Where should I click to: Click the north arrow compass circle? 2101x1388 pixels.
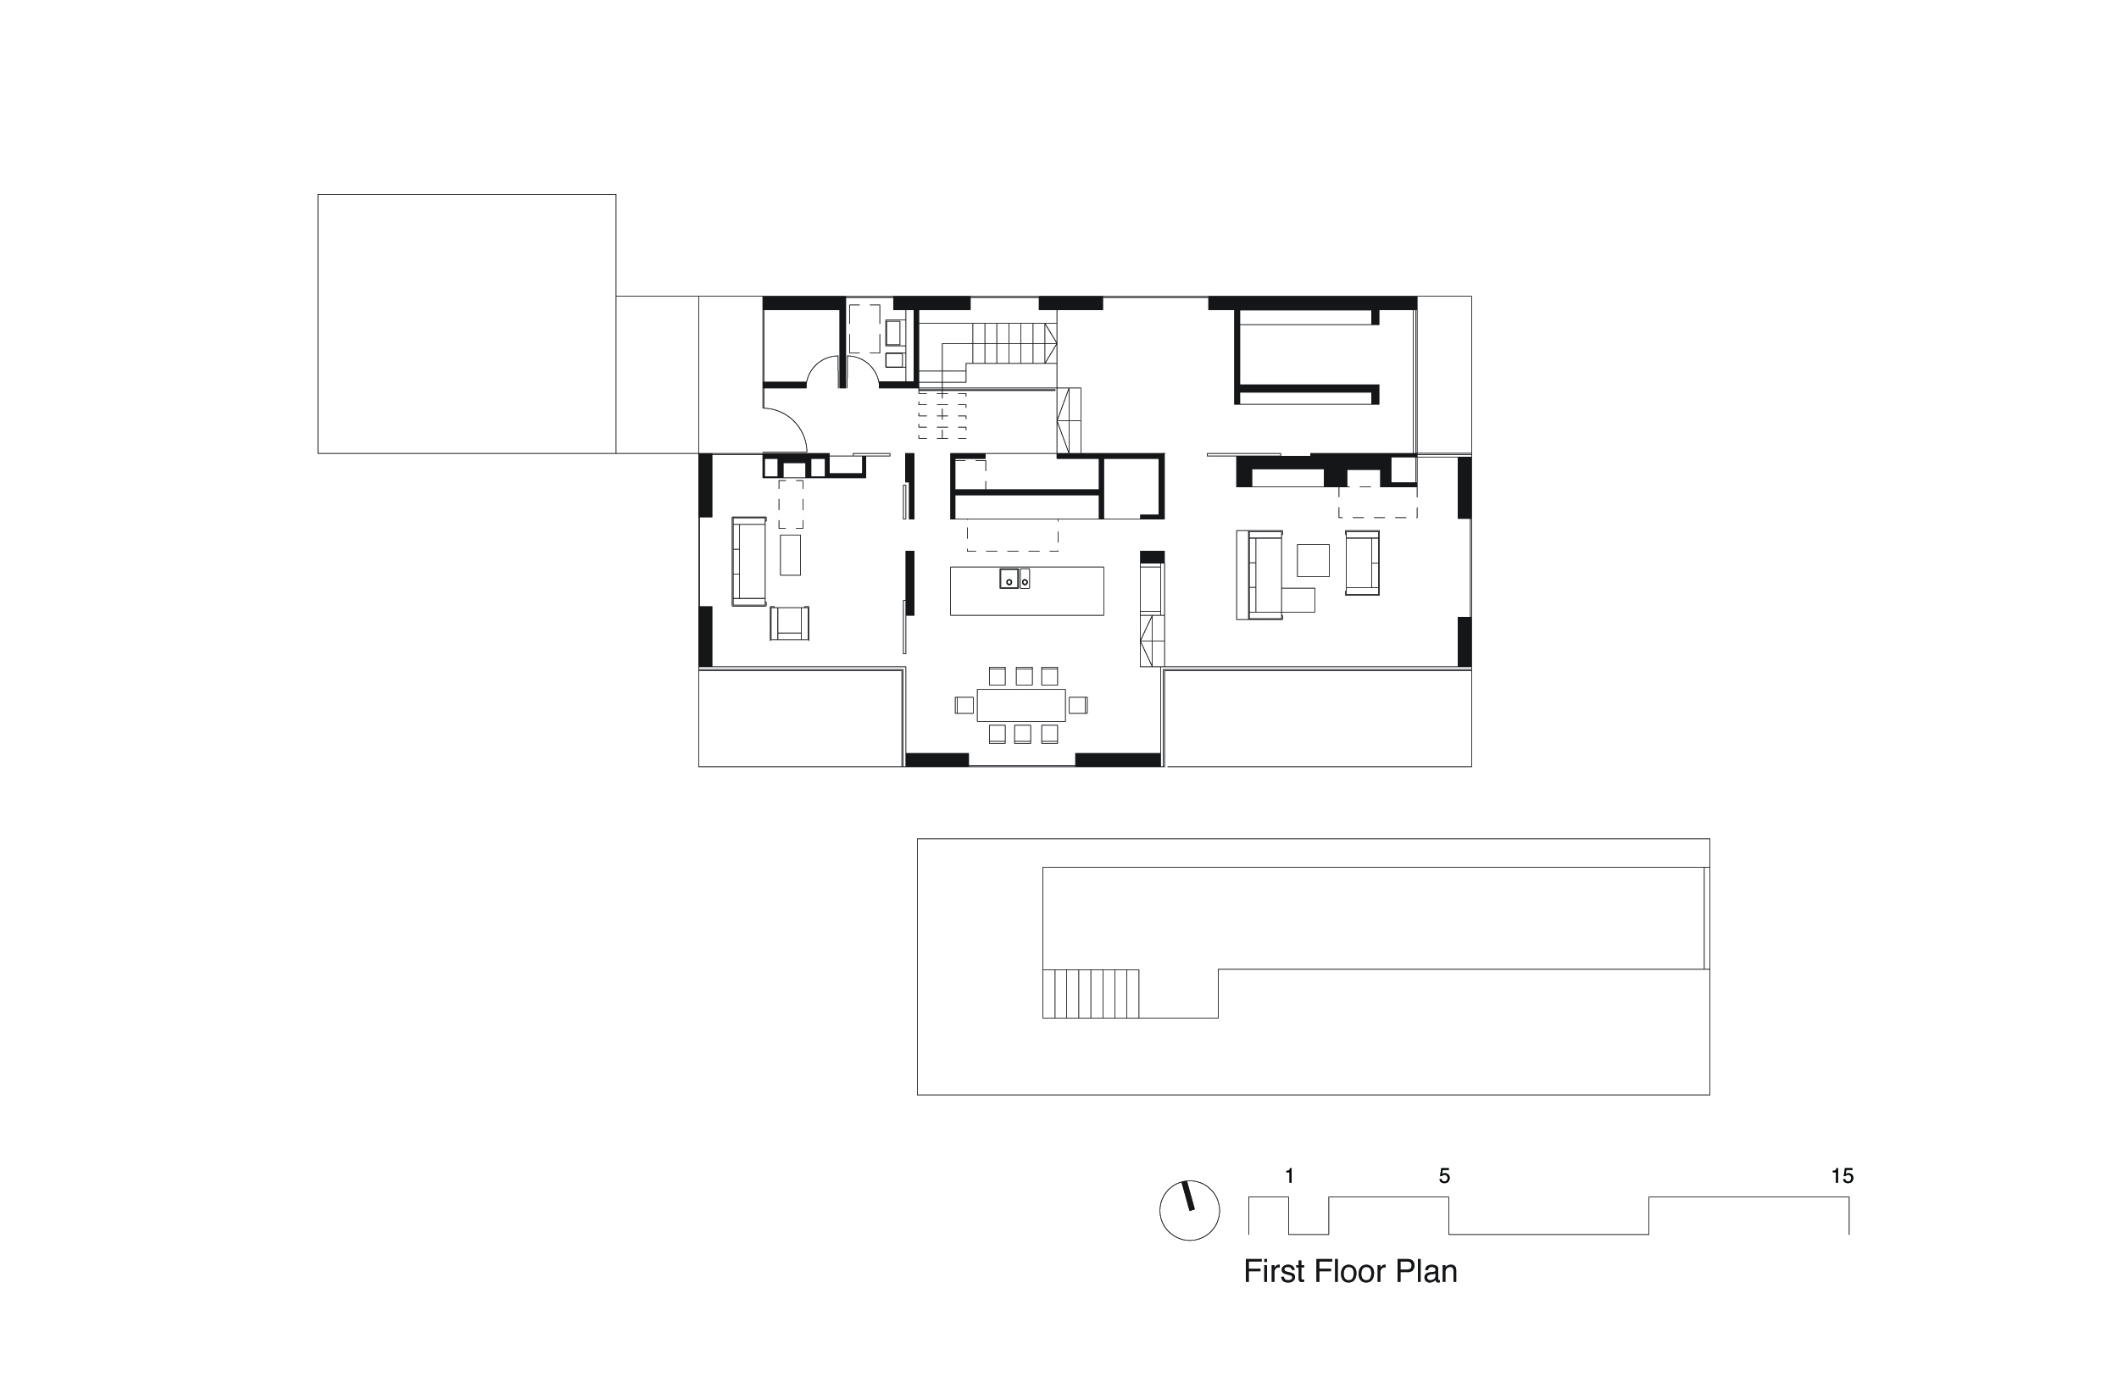click(x=1189, y=1210)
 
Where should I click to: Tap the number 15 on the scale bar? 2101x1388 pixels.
click(x=1842, y=1176)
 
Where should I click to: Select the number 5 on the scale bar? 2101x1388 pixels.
click(x=1444, y=1176)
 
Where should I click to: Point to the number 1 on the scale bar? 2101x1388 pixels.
click(x=1289, y=1176)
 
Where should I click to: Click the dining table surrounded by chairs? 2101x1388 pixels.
click(x=1021, y=706)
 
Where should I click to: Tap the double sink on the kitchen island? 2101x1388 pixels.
click(x=1014, y=579)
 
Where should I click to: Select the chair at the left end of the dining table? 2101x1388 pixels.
click(x=964, y=706)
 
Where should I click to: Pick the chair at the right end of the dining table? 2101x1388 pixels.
click(x=1077, y=706)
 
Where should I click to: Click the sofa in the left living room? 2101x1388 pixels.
click(x=748, y=561)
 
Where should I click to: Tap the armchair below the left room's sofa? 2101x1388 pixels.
click(x=789, y=623)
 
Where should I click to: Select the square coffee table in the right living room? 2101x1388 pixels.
click(x=1313, y=560)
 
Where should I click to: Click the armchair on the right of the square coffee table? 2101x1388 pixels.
click(x=1362, y=562)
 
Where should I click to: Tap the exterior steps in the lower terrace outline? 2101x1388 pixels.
click(x=1090, y=994)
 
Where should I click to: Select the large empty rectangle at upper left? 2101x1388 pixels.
click(x=467, y=324)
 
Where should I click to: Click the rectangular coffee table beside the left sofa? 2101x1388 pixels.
click(x=790, y=555)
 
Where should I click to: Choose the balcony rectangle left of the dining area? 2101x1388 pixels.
click(x=800, y=718)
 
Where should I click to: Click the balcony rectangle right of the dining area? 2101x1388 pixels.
click(x=1317, y=718)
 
